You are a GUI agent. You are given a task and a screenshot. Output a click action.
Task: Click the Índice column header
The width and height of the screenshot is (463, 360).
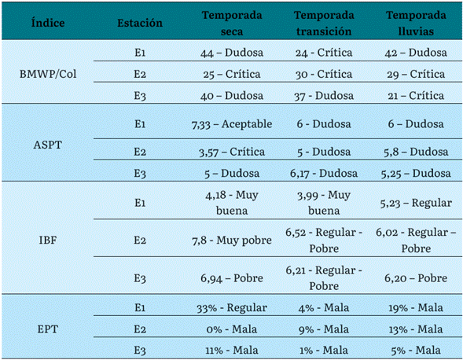48,23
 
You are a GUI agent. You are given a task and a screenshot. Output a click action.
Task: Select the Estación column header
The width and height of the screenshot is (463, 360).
140,23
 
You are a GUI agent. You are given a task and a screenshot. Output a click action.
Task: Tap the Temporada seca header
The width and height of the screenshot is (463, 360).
232,23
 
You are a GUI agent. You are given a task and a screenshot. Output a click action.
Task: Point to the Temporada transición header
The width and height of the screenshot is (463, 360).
324,23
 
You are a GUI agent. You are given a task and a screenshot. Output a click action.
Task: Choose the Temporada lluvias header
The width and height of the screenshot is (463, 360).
416,23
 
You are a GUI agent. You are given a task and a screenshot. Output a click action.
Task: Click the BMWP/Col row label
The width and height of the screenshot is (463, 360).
48,74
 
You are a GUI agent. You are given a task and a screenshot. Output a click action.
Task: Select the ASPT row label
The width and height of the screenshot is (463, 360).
48,145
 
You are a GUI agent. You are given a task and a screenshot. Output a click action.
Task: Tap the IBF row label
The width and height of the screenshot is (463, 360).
48,240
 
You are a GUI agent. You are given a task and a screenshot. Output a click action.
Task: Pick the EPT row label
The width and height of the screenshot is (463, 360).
48,329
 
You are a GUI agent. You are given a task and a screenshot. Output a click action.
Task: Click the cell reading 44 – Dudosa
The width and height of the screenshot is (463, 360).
232,53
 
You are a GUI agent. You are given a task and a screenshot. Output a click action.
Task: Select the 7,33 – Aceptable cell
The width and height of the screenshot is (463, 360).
232,124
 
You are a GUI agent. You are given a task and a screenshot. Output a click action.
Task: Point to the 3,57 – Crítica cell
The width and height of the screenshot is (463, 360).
232,152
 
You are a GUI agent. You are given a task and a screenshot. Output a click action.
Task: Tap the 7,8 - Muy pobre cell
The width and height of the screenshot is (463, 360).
232,241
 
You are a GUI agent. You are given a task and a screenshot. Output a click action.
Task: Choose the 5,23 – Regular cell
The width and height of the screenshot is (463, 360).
416,203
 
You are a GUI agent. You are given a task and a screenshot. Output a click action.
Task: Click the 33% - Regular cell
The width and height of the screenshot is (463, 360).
232,307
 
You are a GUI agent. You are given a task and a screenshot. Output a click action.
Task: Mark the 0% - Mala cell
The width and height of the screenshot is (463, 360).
232,329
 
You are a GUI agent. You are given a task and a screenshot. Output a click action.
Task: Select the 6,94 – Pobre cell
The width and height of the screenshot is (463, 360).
232,278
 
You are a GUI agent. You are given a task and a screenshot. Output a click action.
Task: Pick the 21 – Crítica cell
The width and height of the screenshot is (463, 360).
416,95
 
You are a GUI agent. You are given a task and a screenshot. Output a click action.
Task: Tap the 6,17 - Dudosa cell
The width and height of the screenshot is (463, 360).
324,173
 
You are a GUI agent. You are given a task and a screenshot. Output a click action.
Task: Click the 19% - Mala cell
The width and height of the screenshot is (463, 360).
416,307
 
